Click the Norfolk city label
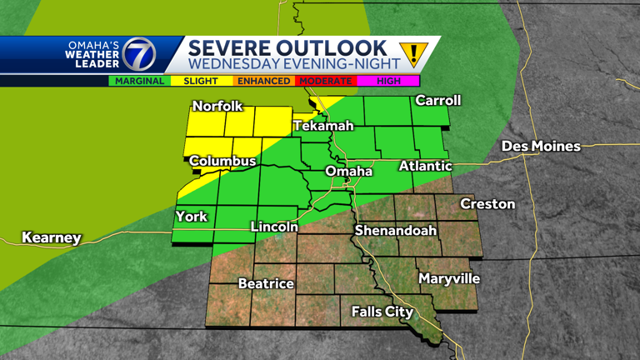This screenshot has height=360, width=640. click(217, 106)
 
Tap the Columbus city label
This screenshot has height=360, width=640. click(222, 161)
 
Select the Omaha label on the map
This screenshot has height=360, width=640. click(348, 171)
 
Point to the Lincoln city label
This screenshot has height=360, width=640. click(274, 227)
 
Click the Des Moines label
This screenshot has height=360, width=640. click(541, 146)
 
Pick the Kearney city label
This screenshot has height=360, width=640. click(52, 238)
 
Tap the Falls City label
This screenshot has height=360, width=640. click(382, 312)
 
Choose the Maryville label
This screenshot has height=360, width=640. click(449, 278)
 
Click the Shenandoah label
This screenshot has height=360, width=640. click(396, 230)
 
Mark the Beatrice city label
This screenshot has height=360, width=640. click(266, 283)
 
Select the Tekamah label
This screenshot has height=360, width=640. click(323, 126)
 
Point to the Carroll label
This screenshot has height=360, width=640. click(438, 100)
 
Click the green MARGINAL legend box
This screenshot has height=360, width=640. click(139, 82)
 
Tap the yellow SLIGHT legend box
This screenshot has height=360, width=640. click(201, 82)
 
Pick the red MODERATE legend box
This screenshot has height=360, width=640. click(325, 82)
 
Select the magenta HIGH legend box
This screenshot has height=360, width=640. click(388, 82)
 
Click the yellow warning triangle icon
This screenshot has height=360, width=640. click(412, 54)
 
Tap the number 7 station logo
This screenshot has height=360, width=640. click(138, 55)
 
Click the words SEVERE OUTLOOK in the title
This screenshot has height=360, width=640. click(287, 47)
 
